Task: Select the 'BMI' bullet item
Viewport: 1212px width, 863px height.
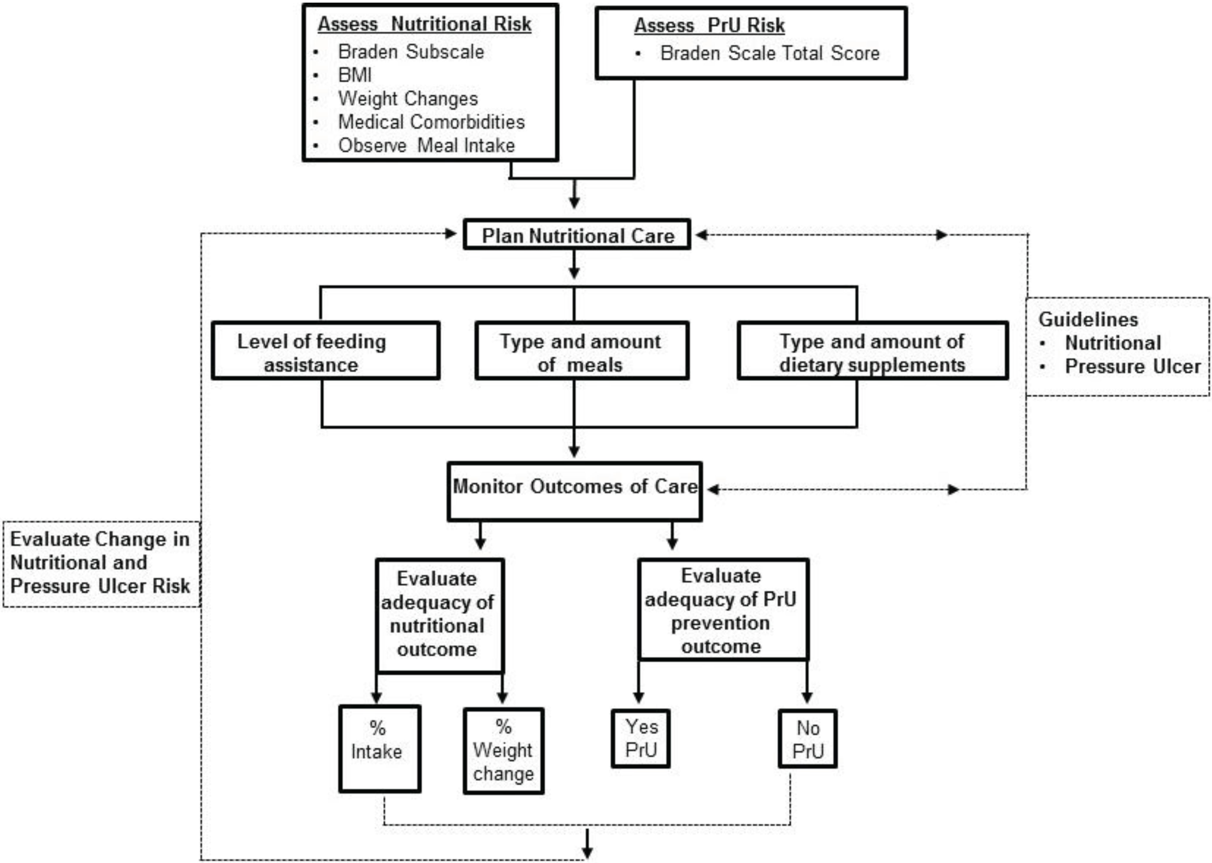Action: (x=355, y=75)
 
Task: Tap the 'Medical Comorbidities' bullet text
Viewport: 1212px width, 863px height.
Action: (x=431, y=122)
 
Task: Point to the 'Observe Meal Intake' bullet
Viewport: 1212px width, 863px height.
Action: (x=426, y=145)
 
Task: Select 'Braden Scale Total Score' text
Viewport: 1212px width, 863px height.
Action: (x=769, y=53)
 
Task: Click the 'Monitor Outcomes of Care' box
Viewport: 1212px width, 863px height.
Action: (x=575, y=490)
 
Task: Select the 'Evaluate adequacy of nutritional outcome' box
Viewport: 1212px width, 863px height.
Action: (x=439, y=614)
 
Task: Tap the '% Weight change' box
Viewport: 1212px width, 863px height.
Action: (x=503, y=750)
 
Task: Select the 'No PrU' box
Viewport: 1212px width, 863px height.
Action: (x=808, y=739)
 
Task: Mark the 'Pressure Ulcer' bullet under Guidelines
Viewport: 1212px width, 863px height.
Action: (x=1132, y=367)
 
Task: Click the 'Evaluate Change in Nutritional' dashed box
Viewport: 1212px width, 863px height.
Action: (x=101, y=563)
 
